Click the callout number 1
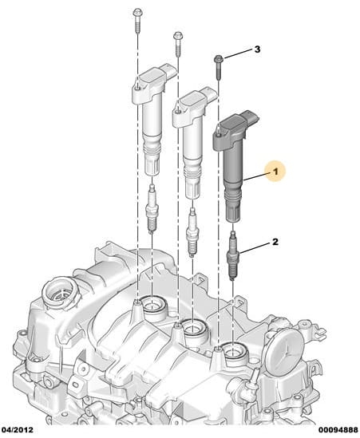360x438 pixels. (x=275, y=171)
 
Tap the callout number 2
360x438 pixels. (x=275, y=242)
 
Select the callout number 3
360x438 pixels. (x=257, y=49)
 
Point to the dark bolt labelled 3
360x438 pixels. (x=218, y=66)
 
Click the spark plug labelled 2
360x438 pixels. (x=233, y=255)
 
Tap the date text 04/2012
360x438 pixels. (x=17, y=429)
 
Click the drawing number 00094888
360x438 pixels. (x=338, y=429)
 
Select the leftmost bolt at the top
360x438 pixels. (x=137, y=21)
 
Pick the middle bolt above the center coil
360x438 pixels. (x=178, y=43)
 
